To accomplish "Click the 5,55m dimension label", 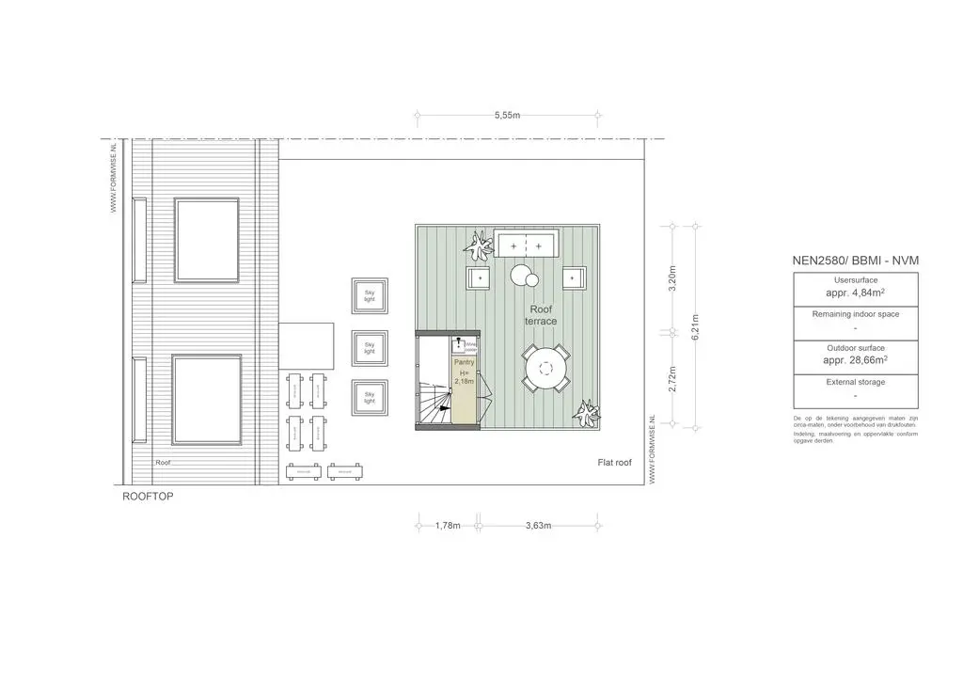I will tap(507, 116).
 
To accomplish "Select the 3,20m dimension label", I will tap(671, 278).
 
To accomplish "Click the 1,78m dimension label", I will tap(448, 526).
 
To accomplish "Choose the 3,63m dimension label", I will tap(538, 526).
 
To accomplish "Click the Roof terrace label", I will tap(541, 315).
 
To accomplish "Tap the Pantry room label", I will tap(465, 371).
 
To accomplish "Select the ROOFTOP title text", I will tap(148, 496).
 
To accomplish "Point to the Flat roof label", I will tap(614, 463).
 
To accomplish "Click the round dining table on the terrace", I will tap(546, 369).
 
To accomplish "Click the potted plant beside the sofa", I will tap(480, 246).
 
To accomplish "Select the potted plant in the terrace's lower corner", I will tap(588, 413).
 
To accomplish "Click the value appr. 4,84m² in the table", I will tap(855, 293).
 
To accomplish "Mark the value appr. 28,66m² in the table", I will tap(855, 360).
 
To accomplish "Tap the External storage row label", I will tap(855, 382).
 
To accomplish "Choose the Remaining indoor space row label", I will tap(855, 314).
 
